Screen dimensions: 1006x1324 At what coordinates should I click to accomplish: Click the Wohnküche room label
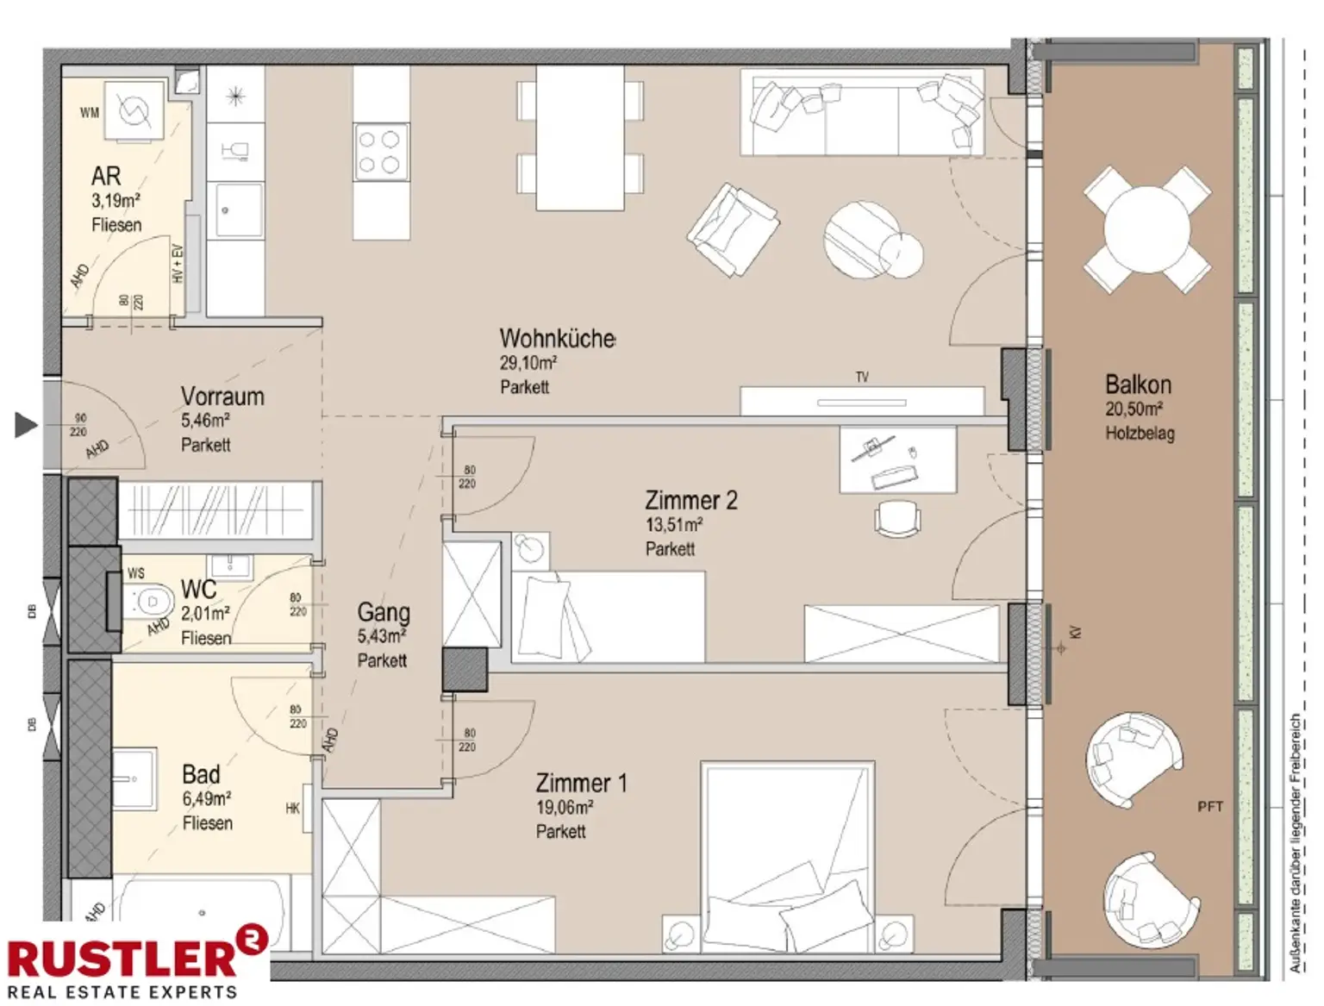[x=557, y=338]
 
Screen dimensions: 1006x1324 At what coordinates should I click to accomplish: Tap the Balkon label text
[x=1138, y=384]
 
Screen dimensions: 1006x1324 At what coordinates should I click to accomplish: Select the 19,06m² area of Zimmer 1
[x=565, y=808]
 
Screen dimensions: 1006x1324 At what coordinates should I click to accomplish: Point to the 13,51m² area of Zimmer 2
[x=674, y=524]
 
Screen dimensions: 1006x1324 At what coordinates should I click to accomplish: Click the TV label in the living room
[x=862, y=377]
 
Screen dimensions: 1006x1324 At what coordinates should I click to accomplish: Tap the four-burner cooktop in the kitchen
[x=379, y=152]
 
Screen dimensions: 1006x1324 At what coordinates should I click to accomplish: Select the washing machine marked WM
[x=134, y=110]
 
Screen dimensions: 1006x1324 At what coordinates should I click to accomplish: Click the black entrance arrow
[x=27, y=424]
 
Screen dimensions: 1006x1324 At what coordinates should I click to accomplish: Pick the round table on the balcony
[x=1146, y=228]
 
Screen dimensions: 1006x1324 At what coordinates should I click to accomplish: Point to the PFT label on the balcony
[x=1210, y=807]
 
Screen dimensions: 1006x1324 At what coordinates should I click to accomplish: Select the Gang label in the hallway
[x=384, y=612]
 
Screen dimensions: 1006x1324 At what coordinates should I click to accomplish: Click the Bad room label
[x=201, y=774]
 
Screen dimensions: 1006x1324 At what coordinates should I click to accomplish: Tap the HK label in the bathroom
[x=292, y=809]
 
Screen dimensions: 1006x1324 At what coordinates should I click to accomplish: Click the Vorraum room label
[x=222, y=397]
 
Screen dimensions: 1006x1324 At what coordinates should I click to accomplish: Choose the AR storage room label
[x=106, y=176]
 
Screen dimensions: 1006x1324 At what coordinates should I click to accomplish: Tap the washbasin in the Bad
[x=135, y=779]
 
